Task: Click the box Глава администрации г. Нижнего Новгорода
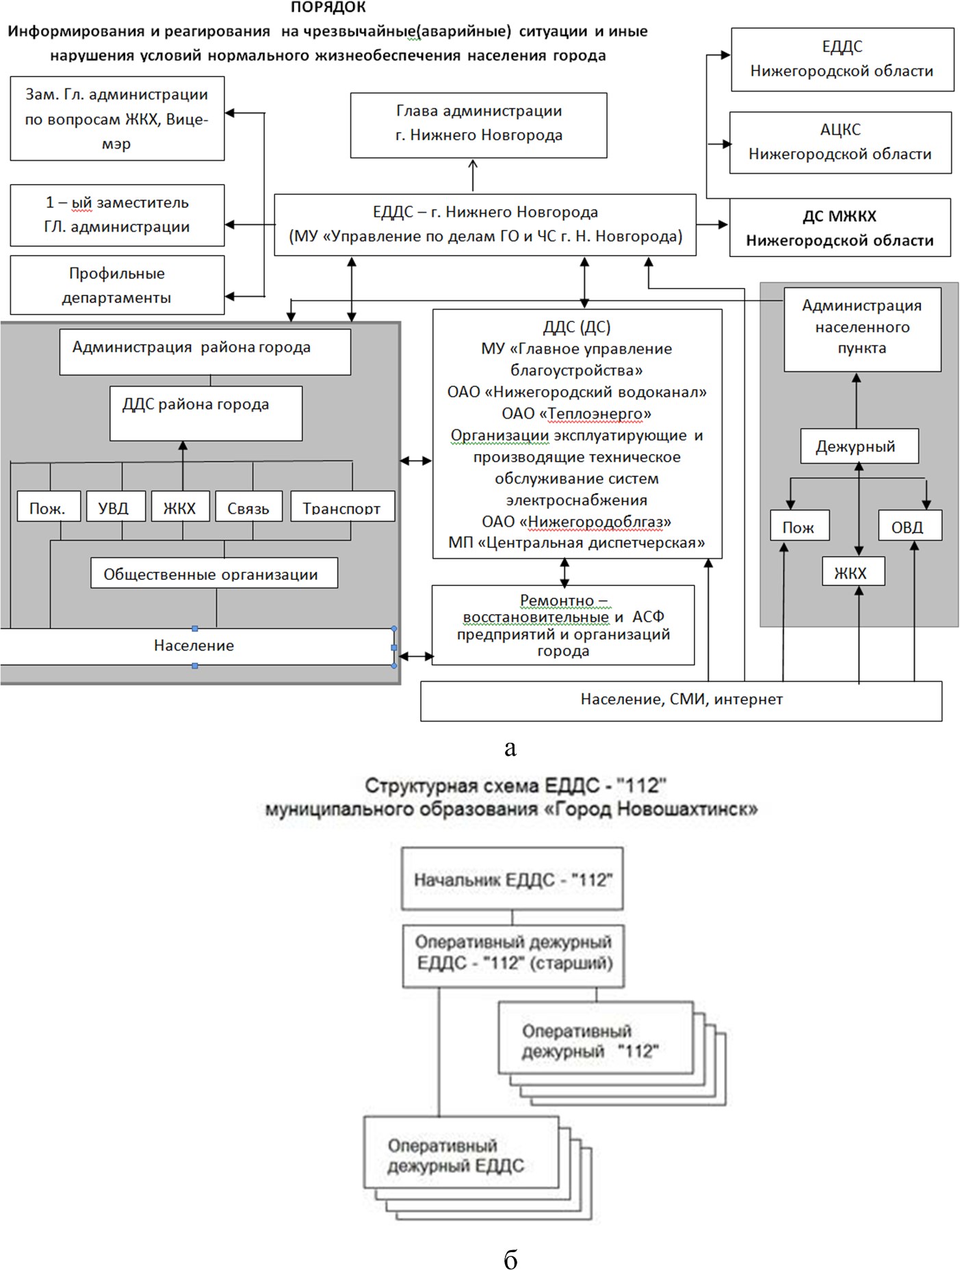[x=478, y=125]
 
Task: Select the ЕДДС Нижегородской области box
[x=842, y=59]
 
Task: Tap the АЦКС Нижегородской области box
[x=840, y=142]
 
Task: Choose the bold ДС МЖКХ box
[x=840, y=228]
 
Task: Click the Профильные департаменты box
[x=117, y=285]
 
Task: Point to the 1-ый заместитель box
[x=117, y=215]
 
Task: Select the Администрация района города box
[x=205, y=352]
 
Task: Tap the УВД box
[x=114, y=507]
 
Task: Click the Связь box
[x=248, y=507]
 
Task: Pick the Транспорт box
[x=343, y=507]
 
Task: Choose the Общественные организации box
[x=214, y=572]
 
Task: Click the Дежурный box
[x=859, y=447]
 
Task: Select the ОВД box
[x=910, y=526]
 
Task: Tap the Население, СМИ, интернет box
[x=681, y=701]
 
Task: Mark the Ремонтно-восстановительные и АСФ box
[x=563, y=625]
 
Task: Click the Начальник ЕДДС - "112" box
[x=513, y=879]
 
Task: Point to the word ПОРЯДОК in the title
[x=328, y=8]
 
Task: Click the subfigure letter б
[x=510, y=1258]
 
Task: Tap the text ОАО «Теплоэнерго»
[x=576, y=414]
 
